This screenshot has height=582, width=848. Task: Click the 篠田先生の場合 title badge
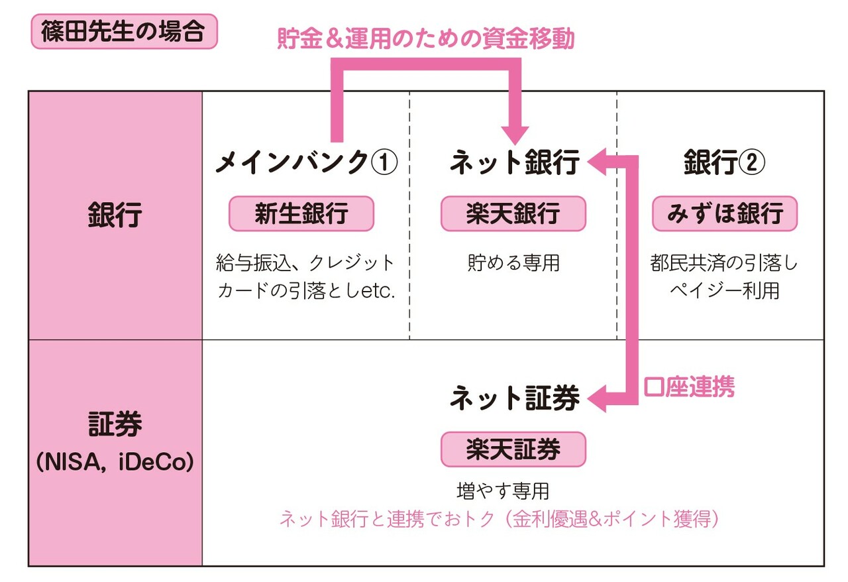[124, 31]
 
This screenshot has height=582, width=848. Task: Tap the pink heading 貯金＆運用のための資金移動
[426, 38]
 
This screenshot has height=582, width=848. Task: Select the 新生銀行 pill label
[301, 213]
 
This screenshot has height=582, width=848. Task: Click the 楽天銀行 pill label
[513, 213]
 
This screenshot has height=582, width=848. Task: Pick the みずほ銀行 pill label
[725, 213]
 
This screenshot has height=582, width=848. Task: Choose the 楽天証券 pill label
[513, 449]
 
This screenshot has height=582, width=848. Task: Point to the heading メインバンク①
[307, 162]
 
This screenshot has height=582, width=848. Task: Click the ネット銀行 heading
[515, 162]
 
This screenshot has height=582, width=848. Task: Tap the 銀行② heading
[724, 162]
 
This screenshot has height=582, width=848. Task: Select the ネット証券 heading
[515, 398]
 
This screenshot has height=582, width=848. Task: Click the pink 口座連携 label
[689, 387]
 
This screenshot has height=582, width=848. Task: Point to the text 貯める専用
[513, 262]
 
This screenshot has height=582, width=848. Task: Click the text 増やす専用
[503, 491]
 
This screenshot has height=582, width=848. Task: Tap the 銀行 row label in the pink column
[115, 215]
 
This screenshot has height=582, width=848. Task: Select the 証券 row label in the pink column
[115, 423]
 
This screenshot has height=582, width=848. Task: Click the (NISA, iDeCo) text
[115, 462]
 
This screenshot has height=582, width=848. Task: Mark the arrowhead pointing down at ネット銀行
[515, 135]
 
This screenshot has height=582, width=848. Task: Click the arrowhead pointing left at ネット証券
[597, 398]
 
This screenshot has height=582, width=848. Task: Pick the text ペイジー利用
[724, 291]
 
